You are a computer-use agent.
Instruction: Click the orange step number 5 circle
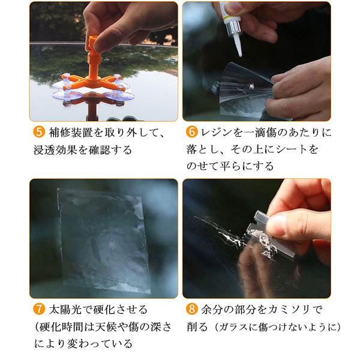(39, 132)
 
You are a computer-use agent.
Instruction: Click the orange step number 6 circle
(192, 132)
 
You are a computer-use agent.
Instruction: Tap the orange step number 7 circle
(39, 309)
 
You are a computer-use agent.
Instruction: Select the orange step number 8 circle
(192, 309)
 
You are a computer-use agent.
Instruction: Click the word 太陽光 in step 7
(65, 310)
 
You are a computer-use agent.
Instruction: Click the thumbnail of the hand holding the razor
(257, 238)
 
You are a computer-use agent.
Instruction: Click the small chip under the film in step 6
(251, 86)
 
